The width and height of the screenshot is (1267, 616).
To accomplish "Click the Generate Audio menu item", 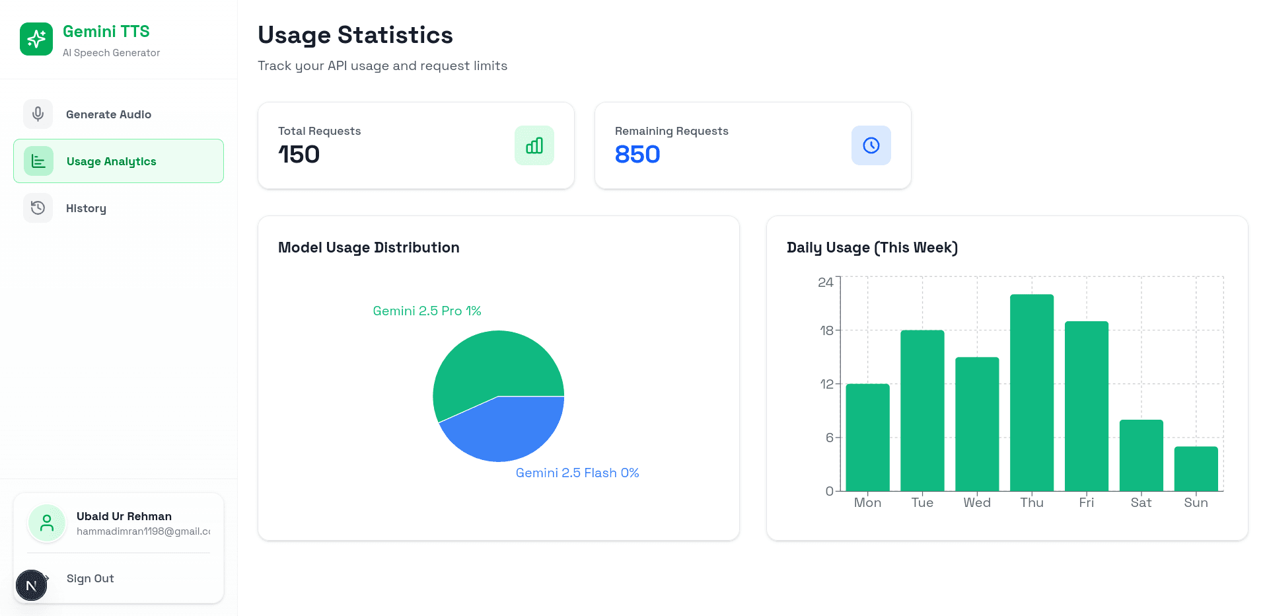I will [x=108, y=114].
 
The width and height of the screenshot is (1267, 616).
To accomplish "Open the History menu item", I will [x=86, y=208].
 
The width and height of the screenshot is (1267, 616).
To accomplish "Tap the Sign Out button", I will [x=90, y=578].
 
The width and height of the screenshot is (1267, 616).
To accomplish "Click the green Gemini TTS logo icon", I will [x=36, y=39].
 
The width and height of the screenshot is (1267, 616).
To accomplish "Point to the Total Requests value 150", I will [x=299, y=155].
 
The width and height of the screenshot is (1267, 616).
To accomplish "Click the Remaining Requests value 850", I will [x=637, y=155].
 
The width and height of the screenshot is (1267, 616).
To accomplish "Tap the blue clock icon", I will [x=871, y=145].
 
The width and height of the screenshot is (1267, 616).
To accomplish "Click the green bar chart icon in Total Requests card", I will [x=534, y=145].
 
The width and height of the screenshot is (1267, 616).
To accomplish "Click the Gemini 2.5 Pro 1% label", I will [x=427, y=311].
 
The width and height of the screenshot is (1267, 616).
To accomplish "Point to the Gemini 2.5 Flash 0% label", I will [x=577, y=473].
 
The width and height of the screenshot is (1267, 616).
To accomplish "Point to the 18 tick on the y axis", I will [x=826, y=330].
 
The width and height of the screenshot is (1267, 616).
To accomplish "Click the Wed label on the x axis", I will [x=977, y=502].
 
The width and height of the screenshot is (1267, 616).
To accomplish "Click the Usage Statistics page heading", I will [x=355, y=35].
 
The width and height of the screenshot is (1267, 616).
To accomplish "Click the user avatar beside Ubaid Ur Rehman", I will [x=47, y=523].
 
